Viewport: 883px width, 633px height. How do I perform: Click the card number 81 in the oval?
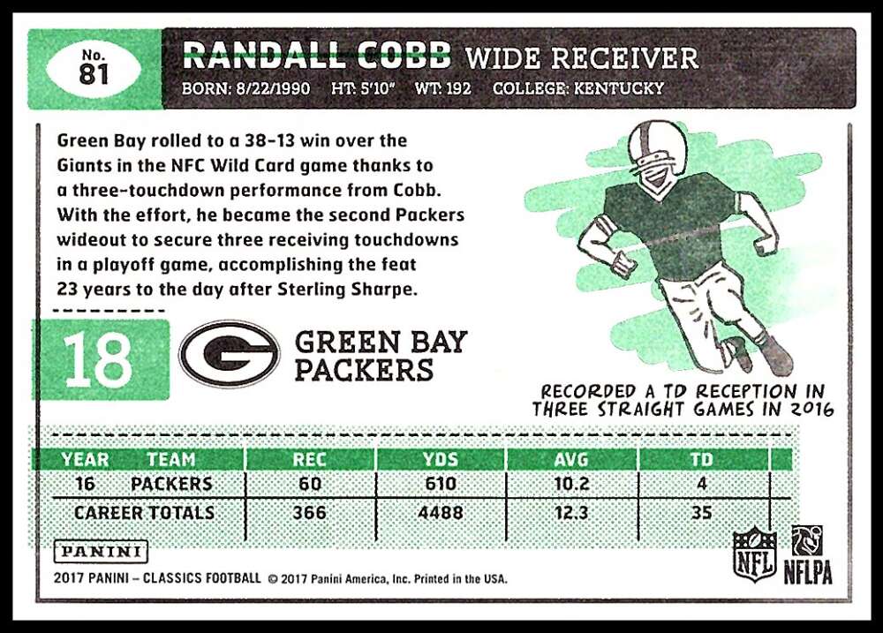[x=94, y=74]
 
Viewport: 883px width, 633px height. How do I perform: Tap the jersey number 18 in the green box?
[x=99, y=360]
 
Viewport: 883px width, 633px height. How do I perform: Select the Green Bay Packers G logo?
[x=230, y=354]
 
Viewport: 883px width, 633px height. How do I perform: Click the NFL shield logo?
[x=755, y=554]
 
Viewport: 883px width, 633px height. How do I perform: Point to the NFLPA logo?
[x=808, y=554]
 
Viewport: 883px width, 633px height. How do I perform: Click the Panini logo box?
[x=101, y=552]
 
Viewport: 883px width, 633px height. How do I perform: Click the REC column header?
[x=310, y=459]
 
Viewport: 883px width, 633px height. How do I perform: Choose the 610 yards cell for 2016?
[x=441, y=484]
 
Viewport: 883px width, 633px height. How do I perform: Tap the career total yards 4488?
[x=441, y=512]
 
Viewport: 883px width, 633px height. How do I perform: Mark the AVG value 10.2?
[x=571, y=484]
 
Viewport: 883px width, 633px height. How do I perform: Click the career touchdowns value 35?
[x=702, y=512]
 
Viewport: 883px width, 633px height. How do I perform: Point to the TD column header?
[x=702, y=459]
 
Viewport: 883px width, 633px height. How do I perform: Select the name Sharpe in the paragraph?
[x=383, y=290]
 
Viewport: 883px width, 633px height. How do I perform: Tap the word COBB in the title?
[x=404, y=56]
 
